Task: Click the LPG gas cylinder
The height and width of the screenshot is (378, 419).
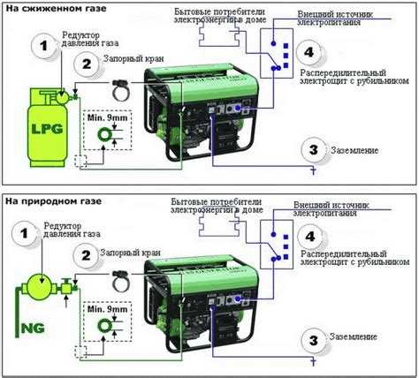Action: (47, 128)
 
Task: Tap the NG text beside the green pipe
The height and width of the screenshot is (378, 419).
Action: (33, 328)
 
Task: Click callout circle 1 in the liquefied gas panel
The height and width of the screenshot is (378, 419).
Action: (43, 46)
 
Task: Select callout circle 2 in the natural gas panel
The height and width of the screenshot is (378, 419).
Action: (86, 255)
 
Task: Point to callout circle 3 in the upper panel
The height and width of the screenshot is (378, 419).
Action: (314, 149)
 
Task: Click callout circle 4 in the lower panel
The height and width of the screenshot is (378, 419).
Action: (309, 237)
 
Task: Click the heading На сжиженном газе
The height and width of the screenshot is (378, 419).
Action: (56, 8)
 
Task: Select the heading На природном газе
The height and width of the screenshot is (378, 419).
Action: (53, 201)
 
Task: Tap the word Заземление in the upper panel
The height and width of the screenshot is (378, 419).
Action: (354, 150)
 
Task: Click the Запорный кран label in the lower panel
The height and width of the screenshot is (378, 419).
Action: (131, 253)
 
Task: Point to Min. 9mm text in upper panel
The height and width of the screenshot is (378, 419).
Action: (107, 117)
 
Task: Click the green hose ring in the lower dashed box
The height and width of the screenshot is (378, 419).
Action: (104, 326)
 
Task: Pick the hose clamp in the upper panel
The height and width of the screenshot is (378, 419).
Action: (121, 89)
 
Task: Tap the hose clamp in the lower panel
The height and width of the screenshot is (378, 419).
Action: (121, 281)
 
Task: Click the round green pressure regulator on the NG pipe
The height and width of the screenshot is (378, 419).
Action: (42, 286)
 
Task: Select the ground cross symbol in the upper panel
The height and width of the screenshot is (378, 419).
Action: (314, 170)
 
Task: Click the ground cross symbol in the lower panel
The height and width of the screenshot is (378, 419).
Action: (314, 361)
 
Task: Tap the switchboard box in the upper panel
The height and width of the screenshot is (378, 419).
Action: (277, 53)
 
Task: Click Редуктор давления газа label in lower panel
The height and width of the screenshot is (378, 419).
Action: (72, 230)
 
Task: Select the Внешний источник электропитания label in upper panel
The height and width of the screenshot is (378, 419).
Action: (335, 19)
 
